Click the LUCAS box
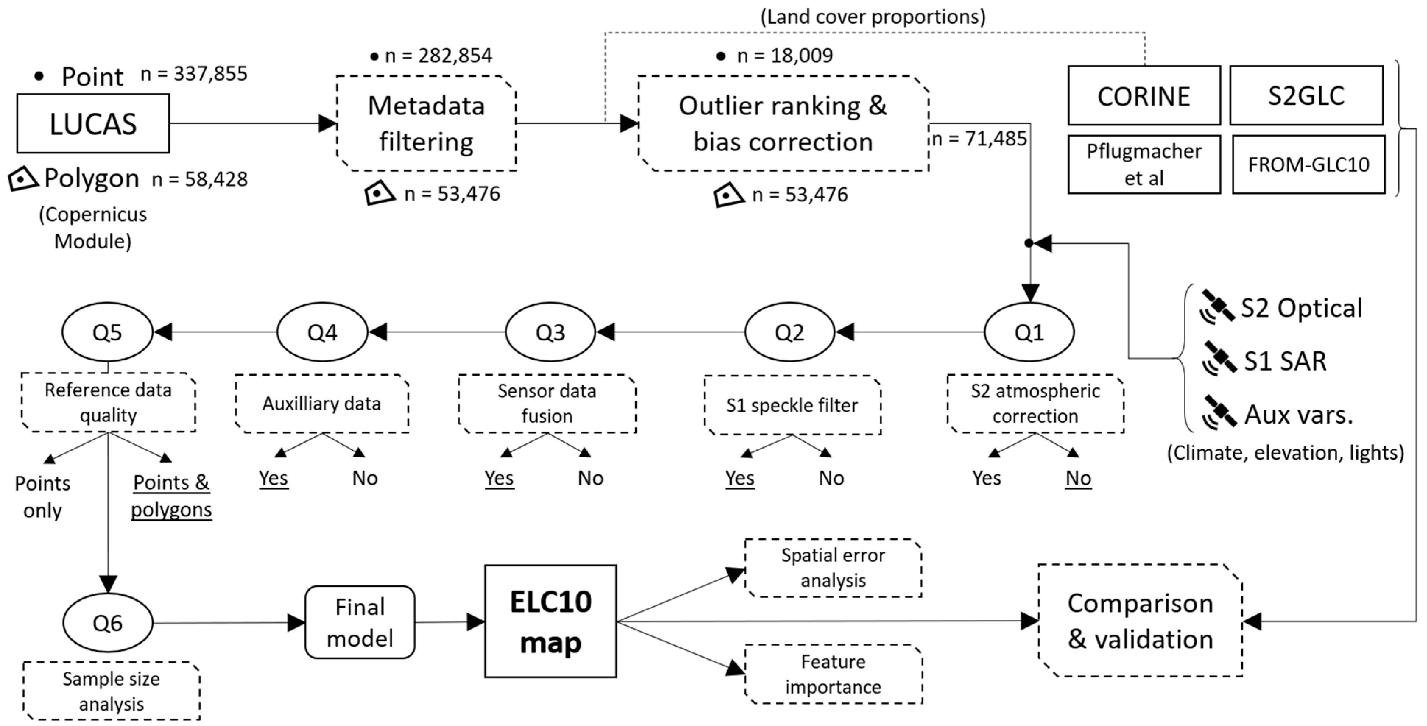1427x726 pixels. [93, 124]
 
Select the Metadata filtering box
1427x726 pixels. [426, 124]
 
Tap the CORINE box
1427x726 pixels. [1144, 96]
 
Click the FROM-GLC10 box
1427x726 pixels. [1308, 164]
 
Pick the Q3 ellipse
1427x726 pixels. [550, 332]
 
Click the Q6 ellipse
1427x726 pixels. [108, 623]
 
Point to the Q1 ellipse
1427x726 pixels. [1029, 332]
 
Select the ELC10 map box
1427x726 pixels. [550, 621]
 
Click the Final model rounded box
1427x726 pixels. [360, 623]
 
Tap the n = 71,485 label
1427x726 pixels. [979, 138]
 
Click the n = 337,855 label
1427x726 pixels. [194, 74]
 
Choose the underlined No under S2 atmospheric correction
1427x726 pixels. [1078, 478]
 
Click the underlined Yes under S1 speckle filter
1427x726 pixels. [740, 478]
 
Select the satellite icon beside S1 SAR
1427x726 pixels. [1219, 359]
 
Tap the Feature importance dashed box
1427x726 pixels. [833, 674]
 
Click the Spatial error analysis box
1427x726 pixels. [833, 568]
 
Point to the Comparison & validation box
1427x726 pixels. [1140, 621]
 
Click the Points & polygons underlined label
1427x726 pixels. [171, 496]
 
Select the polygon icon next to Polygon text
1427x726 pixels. [23, 179]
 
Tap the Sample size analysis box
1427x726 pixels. [111, 691]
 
